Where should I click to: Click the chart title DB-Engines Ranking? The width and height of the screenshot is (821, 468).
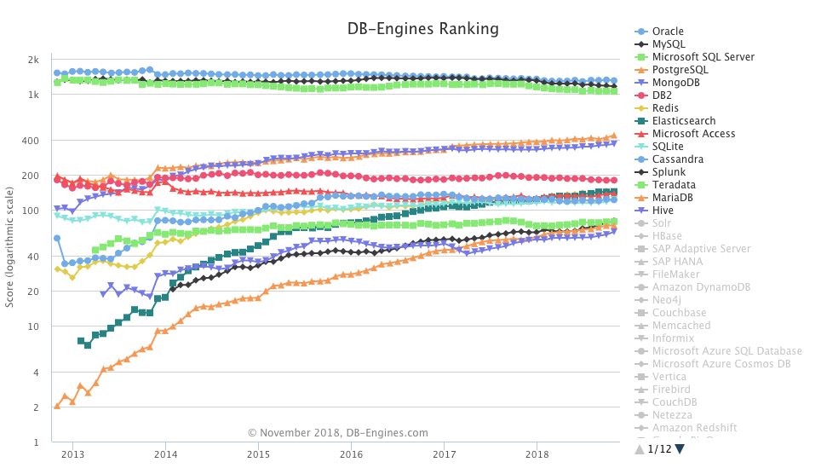click(x=422, y=29)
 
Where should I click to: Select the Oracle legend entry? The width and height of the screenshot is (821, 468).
click(x=668, y=32)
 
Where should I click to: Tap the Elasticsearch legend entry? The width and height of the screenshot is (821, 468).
click(x=683, y=121)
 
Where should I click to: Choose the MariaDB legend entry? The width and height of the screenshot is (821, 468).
click(x=672, y=198)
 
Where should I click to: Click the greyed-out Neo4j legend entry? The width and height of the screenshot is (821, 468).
click(x=666, y=300)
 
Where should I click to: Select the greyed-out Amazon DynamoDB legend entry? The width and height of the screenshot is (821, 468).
click(x=696, y=287)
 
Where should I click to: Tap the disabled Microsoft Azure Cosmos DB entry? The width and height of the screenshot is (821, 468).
click(x=721, y=364)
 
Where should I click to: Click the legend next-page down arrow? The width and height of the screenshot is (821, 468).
click(x=680, y=449)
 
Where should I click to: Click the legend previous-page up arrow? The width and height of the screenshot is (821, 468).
click(x=640, y=449)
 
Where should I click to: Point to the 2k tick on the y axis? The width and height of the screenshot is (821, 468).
click(x=33, y=60)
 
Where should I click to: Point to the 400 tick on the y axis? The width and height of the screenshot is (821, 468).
click(x=31, y=141)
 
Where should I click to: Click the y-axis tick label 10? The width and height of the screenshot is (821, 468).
click(x=33, y=326)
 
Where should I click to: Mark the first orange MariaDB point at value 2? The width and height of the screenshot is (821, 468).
click(x=57, y=406)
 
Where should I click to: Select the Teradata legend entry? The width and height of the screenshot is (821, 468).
click(x=674, y=185)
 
